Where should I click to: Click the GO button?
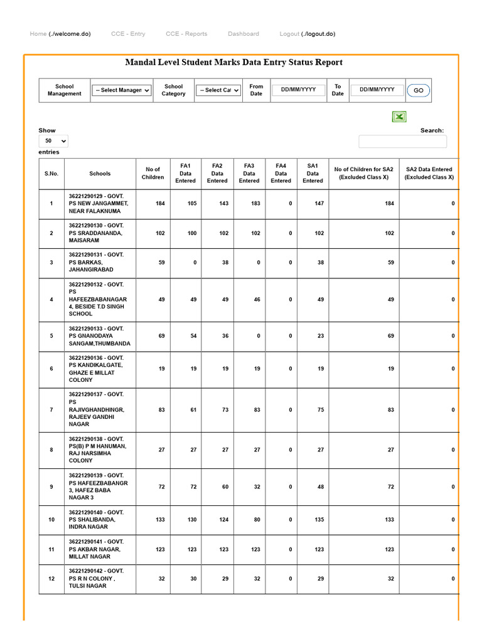(x=418, y=90)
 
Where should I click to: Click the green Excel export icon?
(x=399, y=117)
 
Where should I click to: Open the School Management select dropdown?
(x=122, y=90)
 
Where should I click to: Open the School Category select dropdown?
(x=218, y=90)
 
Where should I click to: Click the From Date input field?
(x=298, y=90)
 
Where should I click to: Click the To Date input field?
(x=377, y=90)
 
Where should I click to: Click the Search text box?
(x=402, y=142)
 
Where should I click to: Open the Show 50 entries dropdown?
(x=53, y=142)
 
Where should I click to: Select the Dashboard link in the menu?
(x=243, y=34)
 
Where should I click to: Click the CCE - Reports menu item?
(x=186, y=34)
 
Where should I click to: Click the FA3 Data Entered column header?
(x=249, y=173)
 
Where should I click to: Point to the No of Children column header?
(x=153, y=173)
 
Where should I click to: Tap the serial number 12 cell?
(x=51, y=579)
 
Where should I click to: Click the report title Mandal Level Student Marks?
(x=233, y=62)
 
